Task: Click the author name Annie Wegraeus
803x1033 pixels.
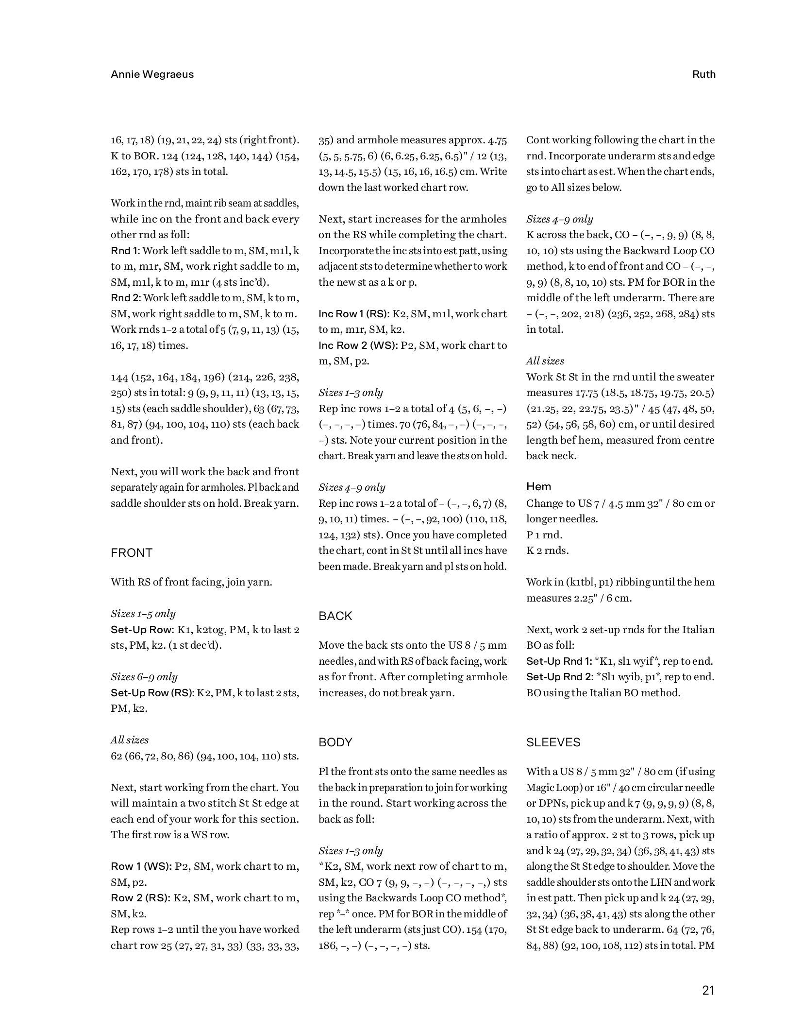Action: (152, 74)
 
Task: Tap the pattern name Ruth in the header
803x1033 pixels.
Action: (703, 74)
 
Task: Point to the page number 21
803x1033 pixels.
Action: (708, 991)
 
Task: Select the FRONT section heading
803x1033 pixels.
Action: (132, 553)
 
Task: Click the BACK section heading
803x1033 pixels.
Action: (335, 616)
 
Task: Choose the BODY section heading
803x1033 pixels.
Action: (335, 742)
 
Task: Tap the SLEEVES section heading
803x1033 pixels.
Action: (553, 742)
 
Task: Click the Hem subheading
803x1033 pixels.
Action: (538, 487)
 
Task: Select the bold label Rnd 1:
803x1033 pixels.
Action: (125, 251)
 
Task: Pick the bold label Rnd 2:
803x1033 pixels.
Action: (126, 298)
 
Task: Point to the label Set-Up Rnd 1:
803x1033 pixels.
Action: (559, 661)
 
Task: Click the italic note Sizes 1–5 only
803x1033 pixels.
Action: (143, 614)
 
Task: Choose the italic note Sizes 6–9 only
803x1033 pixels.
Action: (144, 677)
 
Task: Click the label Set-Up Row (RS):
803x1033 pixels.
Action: (152, 693)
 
